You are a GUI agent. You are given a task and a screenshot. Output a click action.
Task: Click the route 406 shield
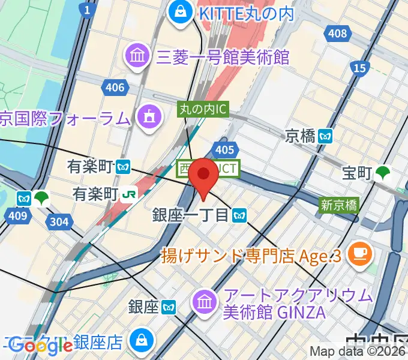[115, 88]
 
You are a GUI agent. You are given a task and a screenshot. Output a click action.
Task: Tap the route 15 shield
[359, 68]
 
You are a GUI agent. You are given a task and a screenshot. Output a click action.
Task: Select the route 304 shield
[59, 223]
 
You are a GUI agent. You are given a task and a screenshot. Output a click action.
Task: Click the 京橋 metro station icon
[326, 136]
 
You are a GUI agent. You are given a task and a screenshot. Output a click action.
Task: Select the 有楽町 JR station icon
[130, 194]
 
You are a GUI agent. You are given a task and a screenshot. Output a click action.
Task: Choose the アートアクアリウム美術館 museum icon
[205, 302]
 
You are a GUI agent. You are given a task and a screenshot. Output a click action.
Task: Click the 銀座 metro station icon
[169, 308]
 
